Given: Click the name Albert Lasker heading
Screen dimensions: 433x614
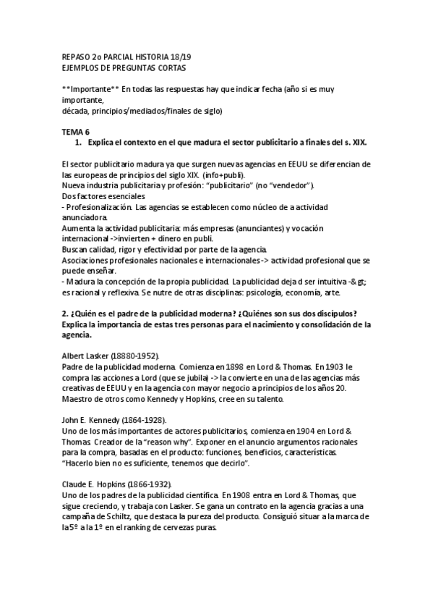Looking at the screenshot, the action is point(83,357).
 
